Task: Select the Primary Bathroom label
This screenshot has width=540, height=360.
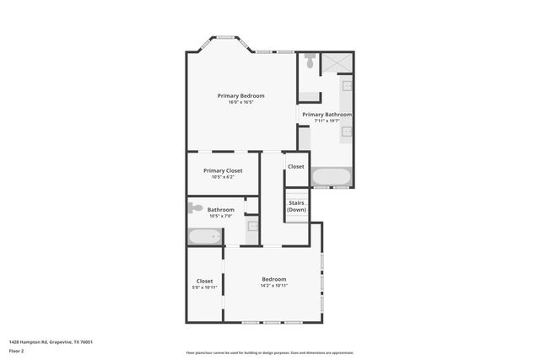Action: pos(327,114)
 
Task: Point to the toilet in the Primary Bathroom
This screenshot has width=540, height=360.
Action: pos(310,62)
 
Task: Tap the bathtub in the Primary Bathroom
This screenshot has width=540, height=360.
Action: pos(331,177)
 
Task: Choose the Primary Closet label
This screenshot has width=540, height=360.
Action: pos(223,170)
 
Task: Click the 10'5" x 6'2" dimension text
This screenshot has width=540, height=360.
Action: pos(223,177)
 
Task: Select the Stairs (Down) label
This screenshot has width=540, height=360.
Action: pos(296,206)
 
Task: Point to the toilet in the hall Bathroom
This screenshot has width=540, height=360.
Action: pos(196,207)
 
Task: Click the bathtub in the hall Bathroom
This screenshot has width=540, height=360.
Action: pos(203,236)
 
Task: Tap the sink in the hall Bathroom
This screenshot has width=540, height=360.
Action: pos(251,227)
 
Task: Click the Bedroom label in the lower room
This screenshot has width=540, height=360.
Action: pos(273,279)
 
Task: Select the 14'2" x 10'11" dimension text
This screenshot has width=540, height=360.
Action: pos(273,286)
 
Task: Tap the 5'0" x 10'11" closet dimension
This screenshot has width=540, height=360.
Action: pos(204,287)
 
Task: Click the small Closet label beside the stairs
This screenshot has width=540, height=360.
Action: pos(295,167)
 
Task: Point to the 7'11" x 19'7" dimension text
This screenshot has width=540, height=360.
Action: pos(327,121)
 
